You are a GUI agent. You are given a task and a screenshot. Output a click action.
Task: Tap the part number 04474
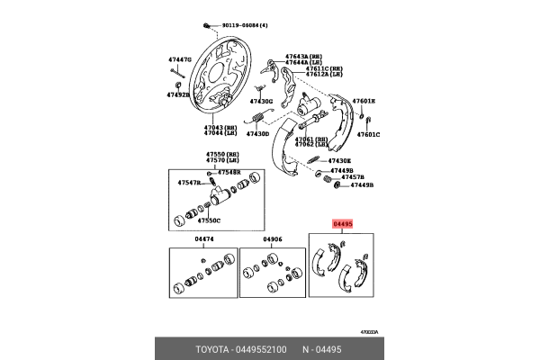[x=204, y=238]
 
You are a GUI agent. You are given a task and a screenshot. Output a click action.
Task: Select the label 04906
[x=272, y=238]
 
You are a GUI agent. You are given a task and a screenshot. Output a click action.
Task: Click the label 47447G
[x=180, y=59]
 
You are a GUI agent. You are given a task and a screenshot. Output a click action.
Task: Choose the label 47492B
[x=178, y=94]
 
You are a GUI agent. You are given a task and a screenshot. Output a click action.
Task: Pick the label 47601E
[x=364, y=101]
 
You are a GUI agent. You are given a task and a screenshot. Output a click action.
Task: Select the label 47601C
[x=367, y=133]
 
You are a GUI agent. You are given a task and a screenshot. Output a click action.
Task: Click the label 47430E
[x=339, y=160]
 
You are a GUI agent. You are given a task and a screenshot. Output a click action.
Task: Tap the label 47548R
[x=229, y=171]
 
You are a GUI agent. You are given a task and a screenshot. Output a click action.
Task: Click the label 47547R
[x=190, y=183]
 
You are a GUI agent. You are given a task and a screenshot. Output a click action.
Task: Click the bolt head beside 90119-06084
[x=207, y=25]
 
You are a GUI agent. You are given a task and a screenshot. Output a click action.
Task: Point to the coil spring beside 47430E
[x=315, y=160]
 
